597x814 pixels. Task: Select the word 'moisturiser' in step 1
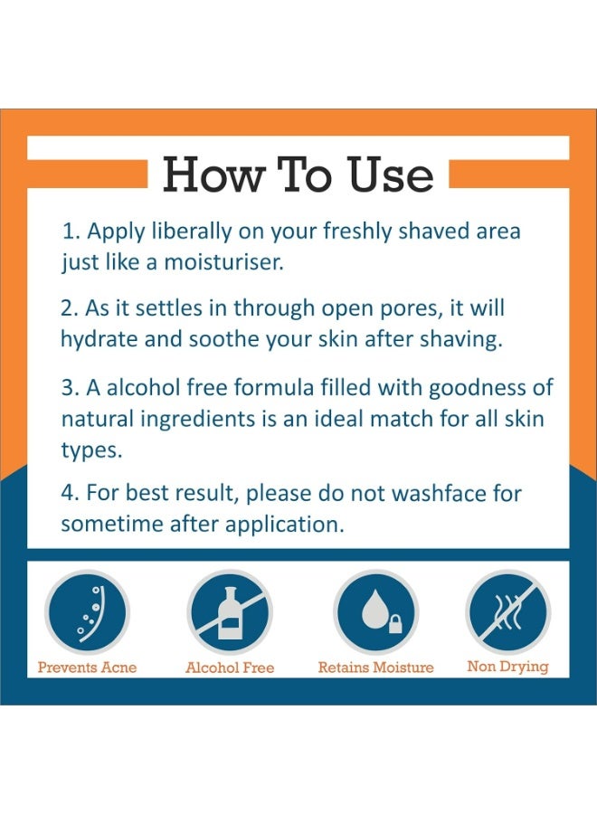tap(223, 261)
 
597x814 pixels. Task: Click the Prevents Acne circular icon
tap(87, 612)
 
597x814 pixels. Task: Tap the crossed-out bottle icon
tap(230, 612)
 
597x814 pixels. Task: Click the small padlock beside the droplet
tap(395, 623)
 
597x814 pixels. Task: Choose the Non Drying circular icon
tap(507, 612)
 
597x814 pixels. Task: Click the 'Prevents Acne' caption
tap(87, 667)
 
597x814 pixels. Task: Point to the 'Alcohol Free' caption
tap(230, 667)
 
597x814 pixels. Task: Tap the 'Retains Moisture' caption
tap(376, 667)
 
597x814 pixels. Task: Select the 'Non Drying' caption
tap(507, 667)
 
